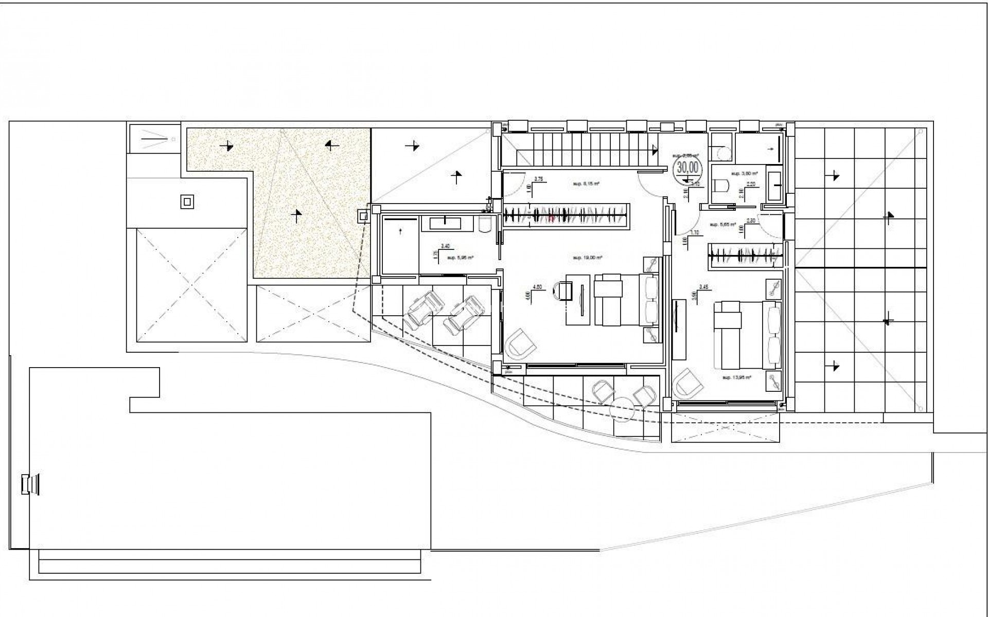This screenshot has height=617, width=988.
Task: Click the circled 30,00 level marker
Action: (688, 167)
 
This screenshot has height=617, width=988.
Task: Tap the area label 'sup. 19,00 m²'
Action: (587, 258)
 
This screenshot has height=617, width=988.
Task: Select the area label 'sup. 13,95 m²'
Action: (737, 377)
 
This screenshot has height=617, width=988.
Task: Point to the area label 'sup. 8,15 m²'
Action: (587, 183)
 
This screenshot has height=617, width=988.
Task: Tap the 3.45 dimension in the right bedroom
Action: (703, 287)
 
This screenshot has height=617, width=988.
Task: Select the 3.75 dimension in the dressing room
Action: (539, 179)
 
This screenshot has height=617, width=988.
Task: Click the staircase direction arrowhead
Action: (655, 151)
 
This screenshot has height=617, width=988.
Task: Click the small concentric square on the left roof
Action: (187, 202)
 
